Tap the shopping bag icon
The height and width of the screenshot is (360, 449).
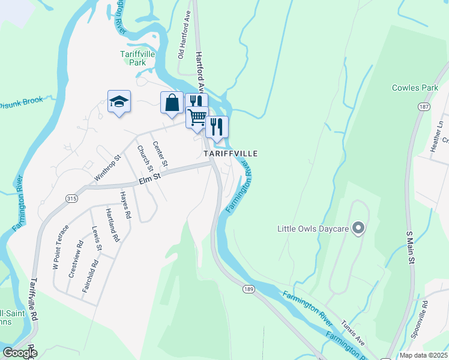pos(172,102)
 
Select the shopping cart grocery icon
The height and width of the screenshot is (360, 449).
pos(197,117)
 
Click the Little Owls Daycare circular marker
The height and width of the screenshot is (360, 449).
pos(358,228)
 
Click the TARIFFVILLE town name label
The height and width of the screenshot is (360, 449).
pos(231,154)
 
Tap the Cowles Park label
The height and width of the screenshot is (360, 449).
pos(415,88)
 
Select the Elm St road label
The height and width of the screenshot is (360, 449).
pos(150,178)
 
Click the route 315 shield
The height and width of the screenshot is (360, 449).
pos(71,199)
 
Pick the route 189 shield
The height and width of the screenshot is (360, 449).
pos(249,289)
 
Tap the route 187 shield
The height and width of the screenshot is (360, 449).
pos(424,106)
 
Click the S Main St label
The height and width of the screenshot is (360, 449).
pos(411,246)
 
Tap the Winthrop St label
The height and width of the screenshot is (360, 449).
pos(108,169)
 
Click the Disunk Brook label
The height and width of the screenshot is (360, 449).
pos(21,102)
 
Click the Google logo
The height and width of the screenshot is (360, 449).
pos(19,353)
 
